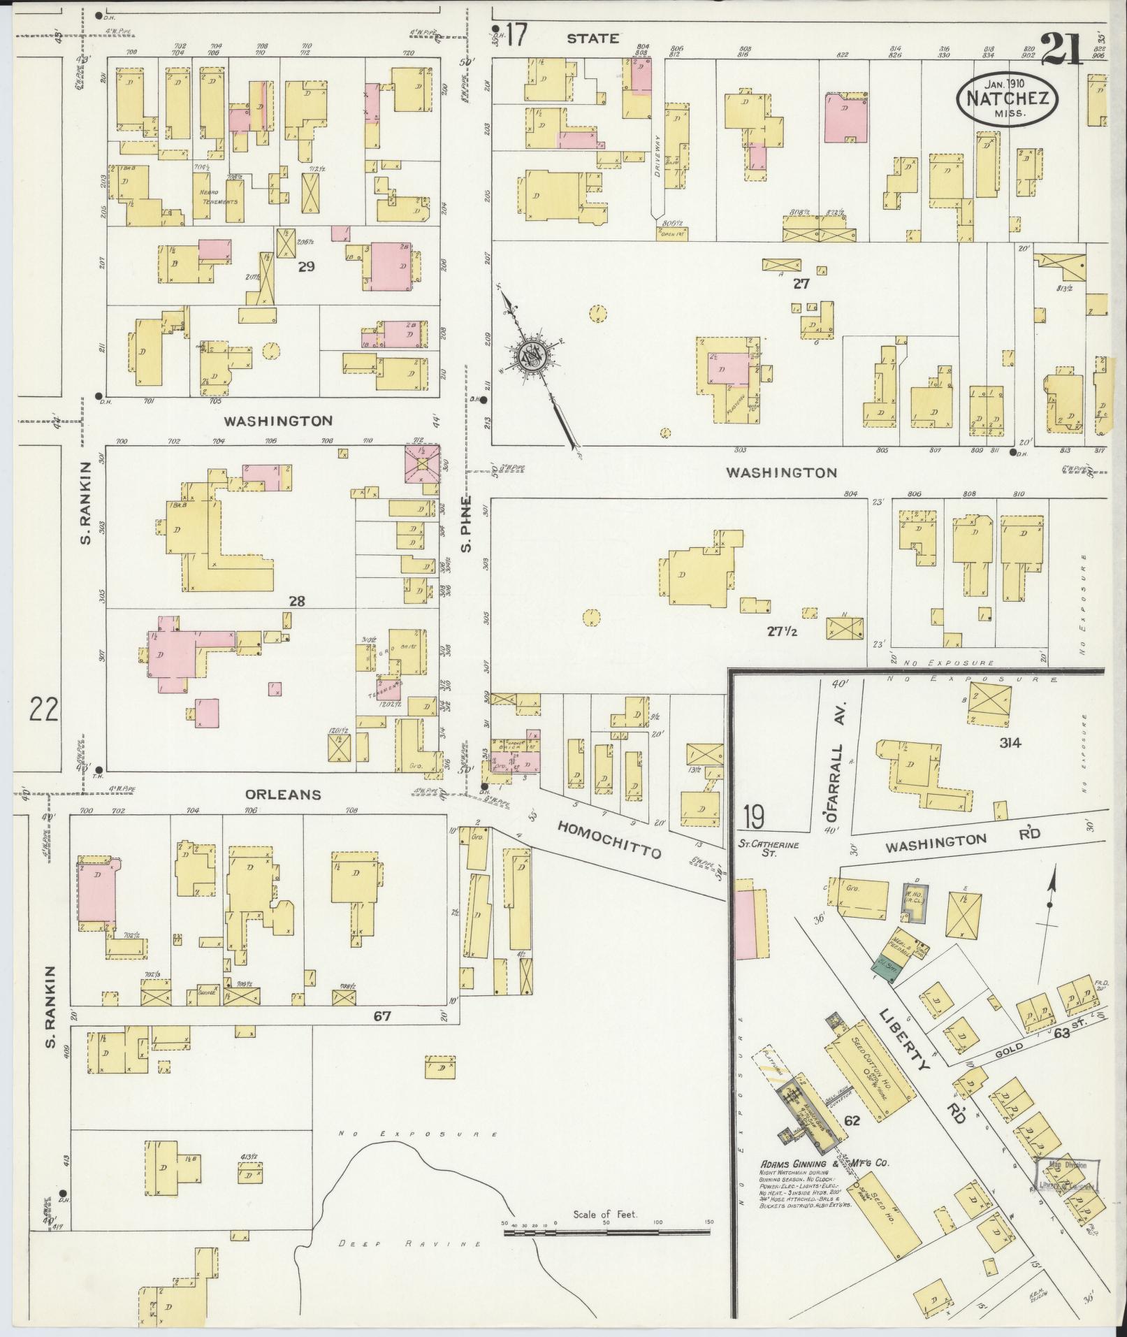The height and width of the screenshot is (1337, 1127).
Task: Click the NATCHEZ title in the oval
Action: point(1007,99)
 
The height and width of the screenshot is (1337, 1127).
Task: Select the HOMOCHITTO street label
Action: point(609,840)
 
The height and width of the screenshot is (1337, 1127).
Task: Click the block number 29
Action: point(306,266)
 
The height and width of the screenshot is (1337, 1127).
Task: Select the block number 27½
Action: point(783,631)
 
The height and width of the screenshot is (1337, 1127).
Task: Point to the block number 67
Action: point(381,1016)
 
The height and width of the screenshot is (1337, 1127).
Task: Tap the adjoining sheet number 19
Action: point(753,816)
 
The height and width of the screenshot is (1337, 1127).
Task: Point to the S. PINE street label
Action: point(467,523)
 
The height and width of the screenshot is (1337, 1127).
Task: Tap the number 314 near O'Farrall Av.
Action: point(1010,743)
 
